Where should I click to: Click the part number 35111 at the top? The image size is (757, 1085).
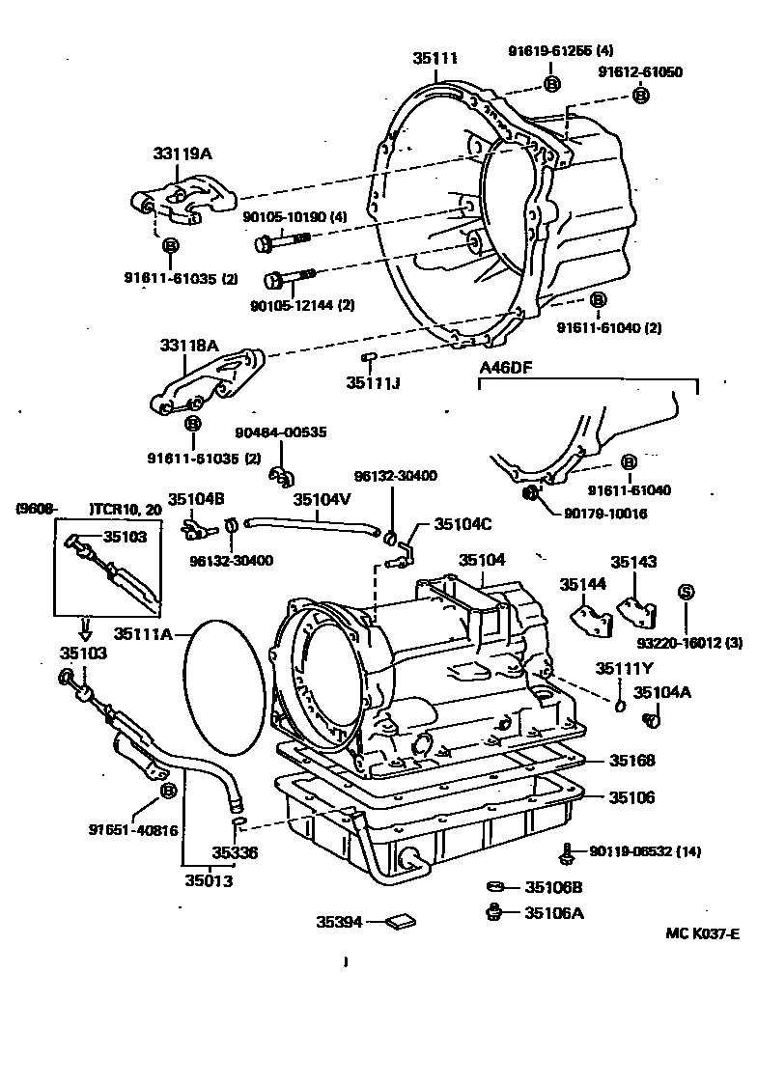coord(435,58)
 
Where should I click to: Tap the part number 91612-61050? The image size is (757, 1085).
coord(639,72)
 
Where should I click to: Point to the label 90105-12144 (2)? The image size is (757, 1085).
coord(302,305)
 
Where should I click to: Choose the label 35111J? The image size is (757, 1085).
coord(373,383)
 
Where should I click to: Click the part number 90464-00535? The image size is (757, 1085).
coord(280,434)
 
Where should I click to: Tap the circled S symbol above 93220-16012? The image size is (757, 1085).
coord(686,592)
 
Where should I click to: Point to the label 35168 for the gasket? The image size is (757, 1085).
coord(631,761)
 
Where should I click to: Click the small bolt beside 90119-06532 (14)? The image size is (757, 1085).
coord(569,852)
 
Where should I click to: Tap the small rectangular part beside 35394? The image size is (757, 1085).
coord(399,923)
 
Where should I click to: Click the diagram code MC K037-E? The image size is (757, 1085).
coord(702,933)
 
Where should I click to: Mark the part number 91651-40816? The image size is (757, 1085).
coord(132,829)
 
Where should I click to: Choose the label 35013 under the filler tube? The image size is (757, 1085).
coord(209,879)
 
